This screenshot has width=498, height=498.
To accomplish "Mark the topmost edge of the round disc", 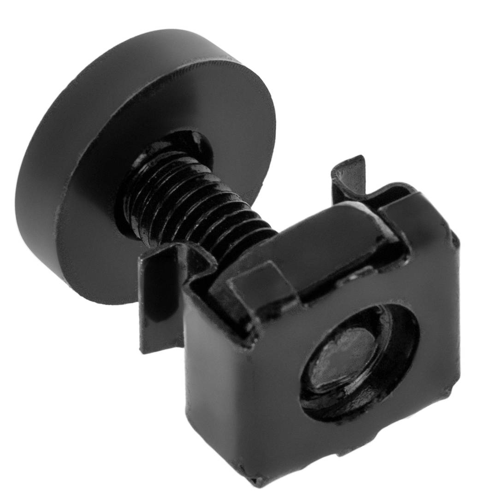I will coord(152,32).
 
